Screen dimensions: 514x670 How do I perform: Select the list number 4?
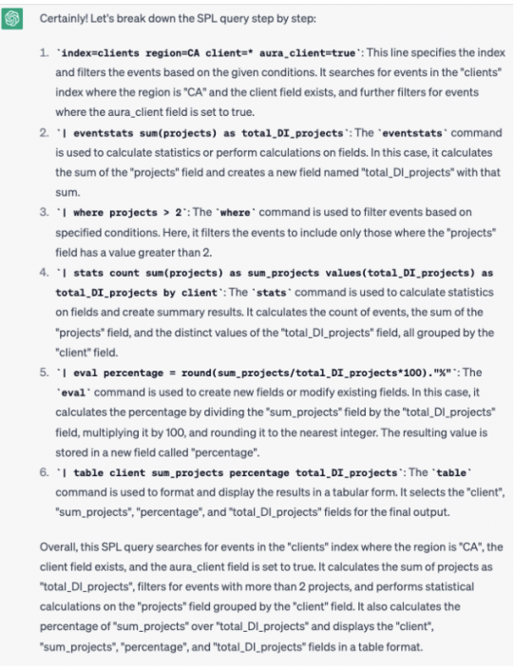click(x=44, y=273)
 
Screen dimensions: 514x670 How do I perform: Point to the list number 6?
click(x=44, y=472)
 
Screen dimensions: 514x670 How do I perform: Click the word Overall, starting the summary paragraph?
click(x=62, y=546)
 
